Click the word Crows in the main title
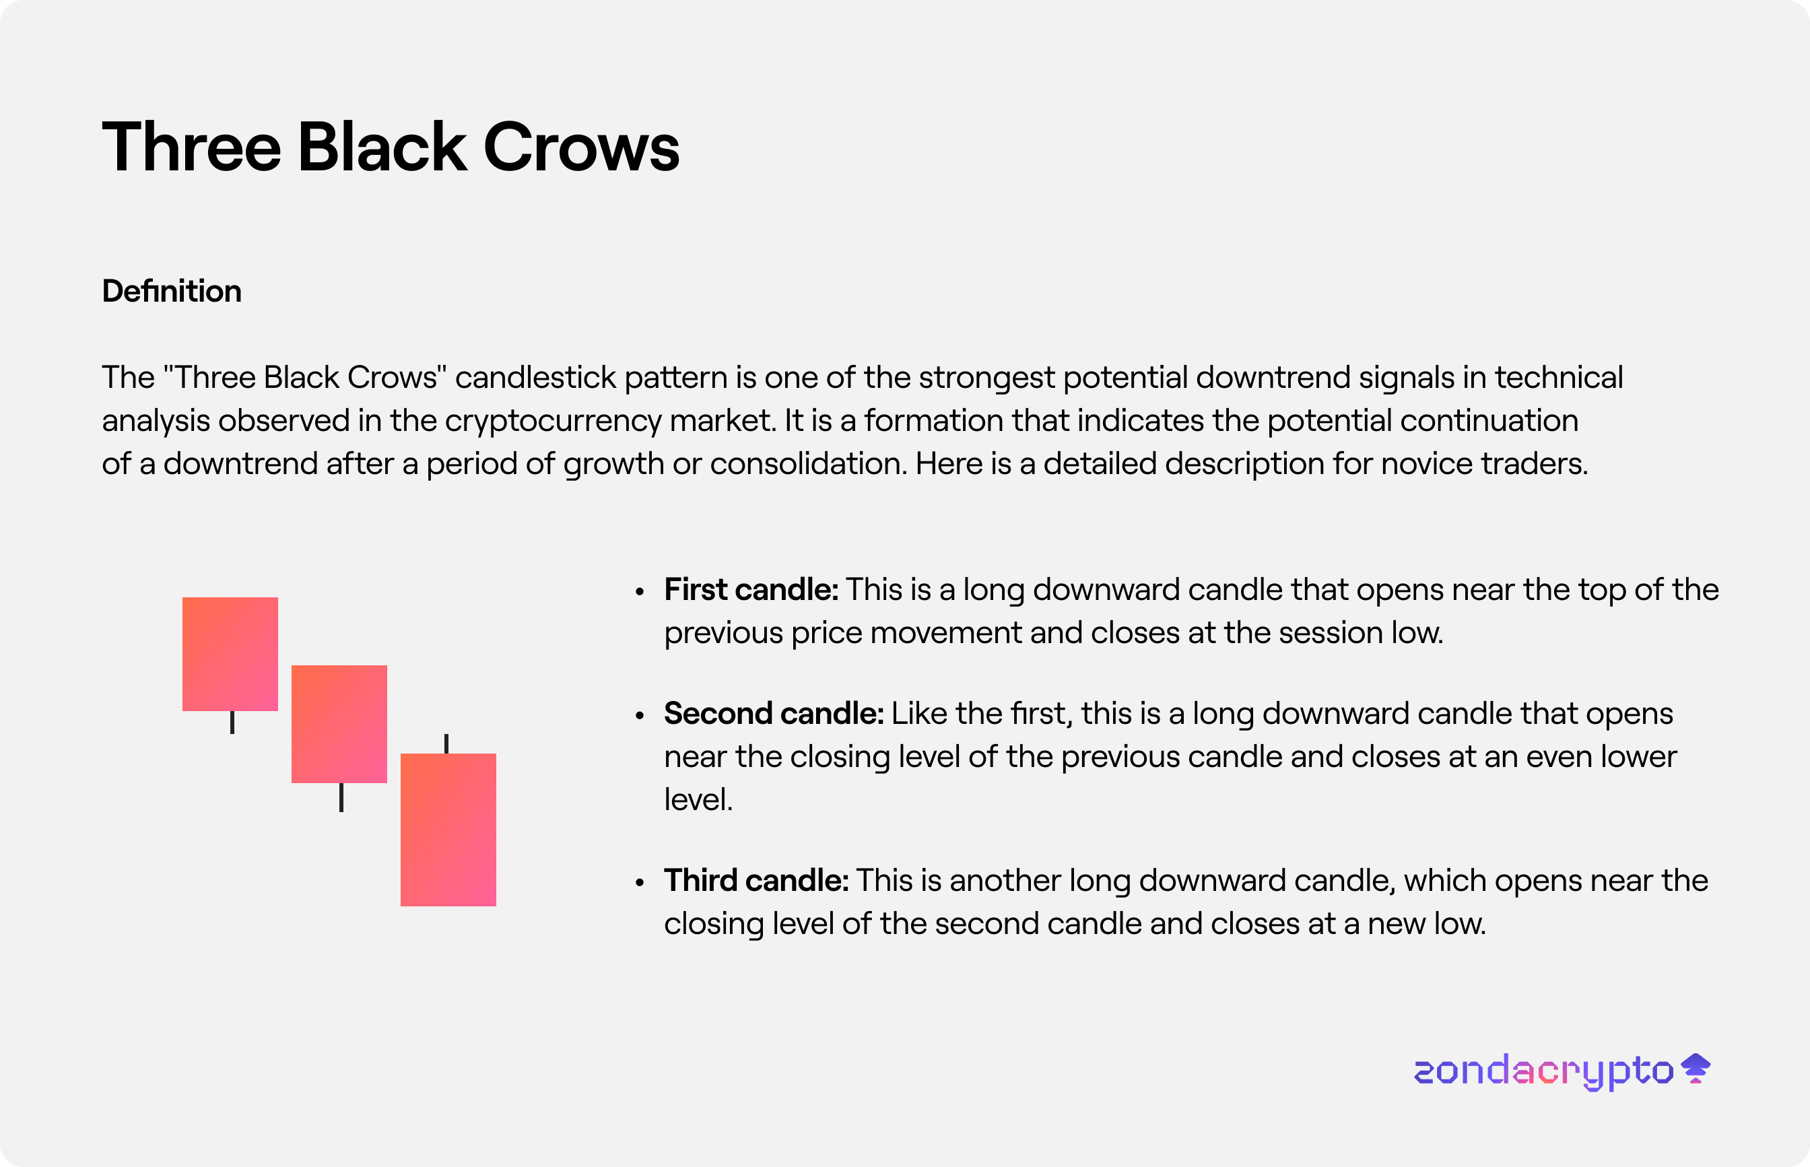pos(581,147)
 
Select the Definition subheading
pos(172,291)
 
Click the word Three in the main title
pos(192,147)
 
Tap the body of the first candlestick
pos(230,654)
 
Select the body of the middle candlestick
pos(339,724)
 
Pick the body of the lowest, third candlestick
pos(448,830)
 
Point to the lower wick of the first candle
pos(232,722)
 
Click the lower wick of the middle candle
pos(341,797)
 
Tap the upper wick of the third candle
pos(446,743)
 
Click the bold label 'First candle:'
pos(751,590)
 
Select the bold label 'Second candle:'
pos(774,713)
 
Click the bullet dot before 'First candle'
pos(640,592)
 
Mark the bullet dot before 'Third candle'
pos(640,883)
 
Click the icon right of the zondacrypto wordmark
pos(1696,1068)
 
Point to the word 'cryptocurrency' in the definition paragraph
pos(552,421)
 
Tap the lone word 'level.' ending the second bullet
pos(698,799)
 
